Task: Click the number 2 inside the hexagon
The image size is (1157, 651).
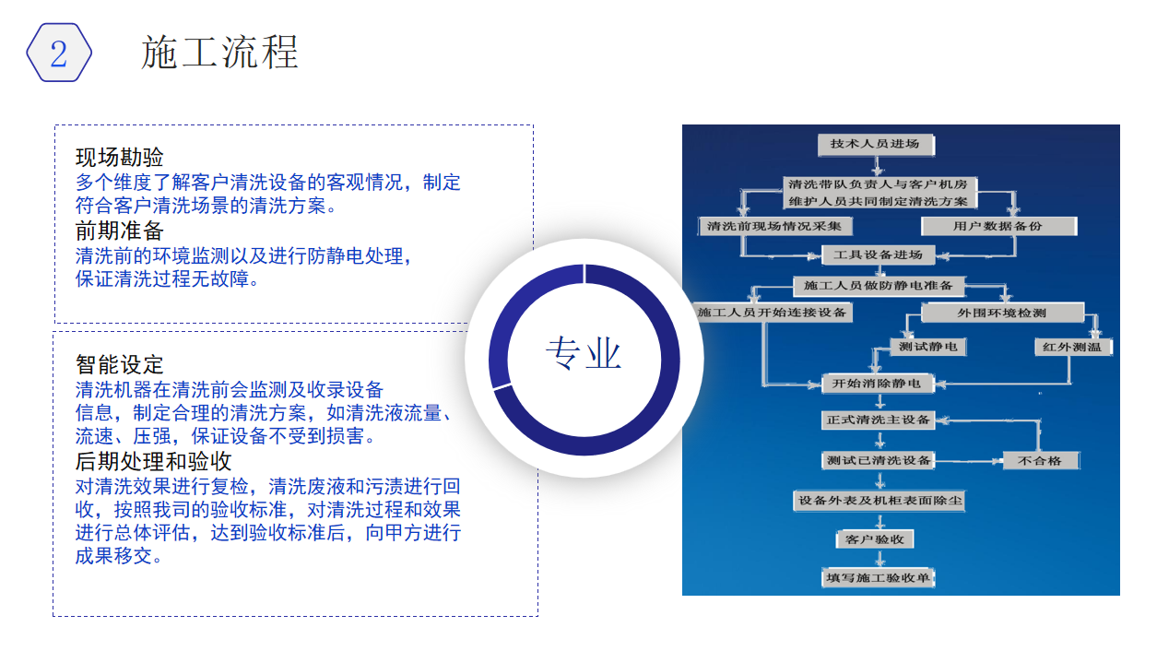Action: pyautogui.click(x=58, y=53)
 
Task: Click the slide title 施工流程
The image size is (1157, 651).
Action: pyautogui.click(x=219, y=53)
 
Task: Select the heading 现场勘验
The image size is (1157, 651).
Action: pyautogui.click(x=119, y=157)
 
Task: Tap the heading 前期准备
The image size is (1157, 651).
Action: pyautogui.click(x=119, y=231)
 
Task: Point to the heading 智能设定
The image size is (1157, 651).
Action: pyautogui.click(x=119, y=364)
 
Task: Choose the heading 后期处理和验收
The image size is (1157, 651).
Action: pyautogui.click(x=153, y=461)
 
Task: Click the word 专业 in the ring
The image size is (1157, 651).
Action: pyautogui.click(x=584, y=353)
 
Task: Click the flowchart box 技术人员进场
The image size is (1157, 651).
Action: pyautogui.click(x=876, y=144)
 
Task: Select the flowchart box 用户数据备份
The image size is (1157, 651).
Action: pyautogui.click(x=999, y=226)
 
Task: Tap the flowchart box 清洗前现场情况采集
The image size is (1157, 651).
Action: pyautogui.click(x=775, y=226)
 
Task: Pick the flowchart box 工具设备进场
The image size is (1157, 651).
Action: pyautogui.click(x=878, y=254)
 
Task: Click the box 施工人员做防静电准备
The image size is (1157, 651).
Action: pyautogui.click(x=879, y=286)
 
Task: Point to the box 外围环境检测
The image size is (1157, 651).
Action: pyautogui.click(x=1002, y=313)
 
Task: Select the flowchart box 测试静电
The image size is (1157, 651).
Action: pyautogui.click(x=928, y=347)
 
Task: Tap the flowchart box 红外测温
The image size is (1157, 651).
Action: pyautogui.click(x=1073, y=347)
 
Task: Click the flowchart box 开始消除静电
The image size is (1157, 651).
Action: pyautogui.click(x=878, y=384)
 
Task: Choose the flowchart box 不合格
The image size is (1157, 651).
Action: pyautogui.click(x=1041, y=460)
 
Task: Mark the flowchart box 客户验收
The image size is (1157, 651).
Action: pyautogui.click(x=875, y=539)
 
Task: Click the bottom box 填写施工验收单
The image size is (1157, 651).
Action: pyautogui.click(x=878, y=577)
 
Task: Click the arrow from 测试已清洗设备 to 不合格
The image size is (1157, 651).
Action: pyautogui.click(x=969, y=461)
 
